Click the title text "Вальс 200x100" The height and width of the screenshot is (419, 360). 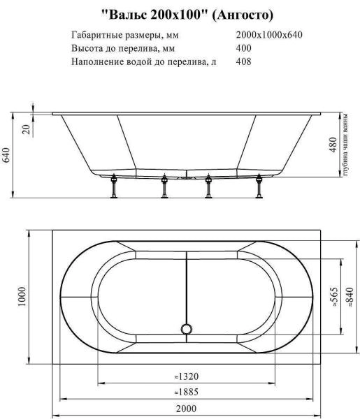[151, 14]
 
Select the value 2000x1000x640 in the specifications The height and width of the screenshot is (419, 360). [269, 35]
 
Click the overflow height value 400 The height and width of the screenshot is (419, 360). [244, 48]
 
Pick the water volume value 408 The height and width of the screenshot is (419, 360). [244, 61]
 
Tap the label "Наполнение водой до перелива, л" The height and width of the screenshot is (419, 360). [144, 61]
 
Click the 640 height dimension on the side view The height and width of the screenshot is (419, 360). [8, 155]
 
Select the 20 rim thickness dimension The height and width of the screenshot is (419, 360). [26, 128]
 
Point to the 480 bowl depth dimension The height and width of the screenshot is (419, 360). [334, 144]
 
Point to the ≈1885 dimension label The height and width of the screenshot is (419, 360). [185, 392]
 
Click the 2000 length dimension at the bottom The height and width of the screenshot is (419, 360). [185, 408]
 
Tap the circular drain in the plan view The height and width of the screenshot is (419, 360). [186, 328]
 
